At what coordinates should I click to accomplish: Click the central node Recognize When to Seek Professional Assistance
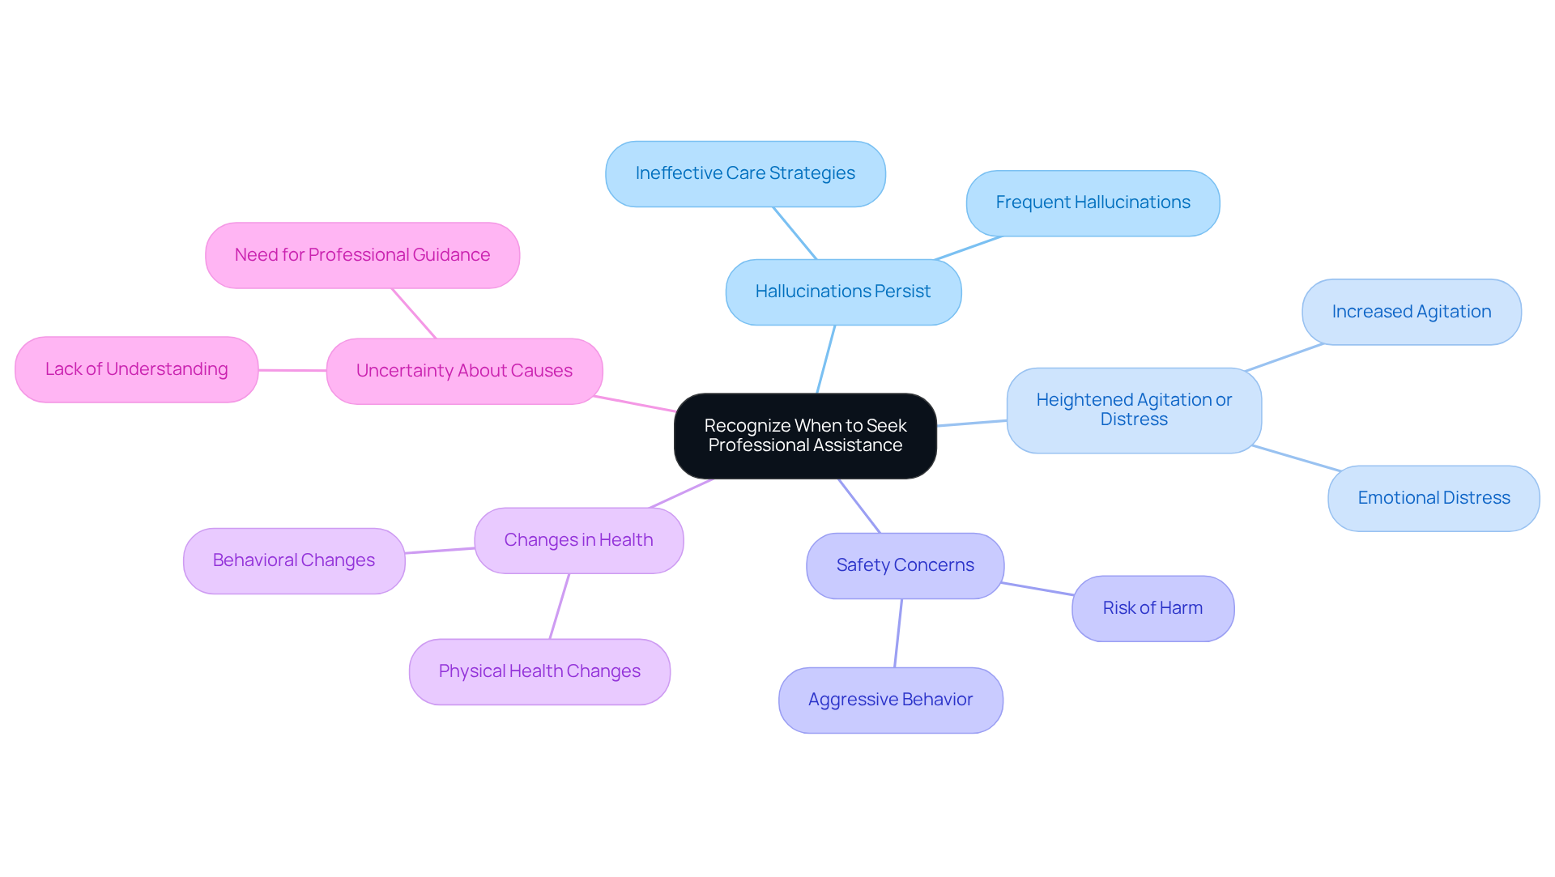[x=805, y=436]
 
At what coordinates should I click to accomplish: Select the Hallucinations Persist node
[x=843, y=292]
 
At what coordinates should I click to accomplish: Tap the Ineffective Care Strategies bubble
[x=745, y=173]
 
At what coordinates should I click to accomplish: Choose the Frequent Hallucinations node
[x=1093, y=202]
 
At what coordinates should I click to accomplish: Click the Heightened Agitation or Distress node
[x=1134, y=410]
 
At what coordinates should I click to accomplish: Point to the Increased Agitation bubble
[x=1411, y=312]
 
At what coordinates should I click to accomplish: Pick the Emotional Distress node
[x=1434, y=498]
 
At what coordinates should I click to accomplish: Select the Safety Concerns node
[x=905, y=565]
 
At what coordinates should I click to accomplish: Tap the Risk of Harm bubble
[x=1152, y=608]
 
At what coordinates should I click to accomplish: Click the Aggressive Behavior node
[x=890, y=700]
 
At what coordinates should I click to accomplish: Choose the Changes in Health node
[x=578, y=540]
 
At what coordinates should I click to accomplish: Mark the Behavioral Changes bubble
[x=293, y=560]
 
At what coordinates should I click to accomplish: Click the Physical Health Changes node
[x=539, y=671]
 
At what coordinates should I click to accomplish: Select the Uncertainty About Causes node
[x=464, y=371]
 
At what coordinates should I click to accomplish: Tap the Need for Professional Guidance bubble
[x=362, y=255]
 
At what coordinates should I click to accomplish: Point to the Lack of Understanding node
[x=136, y=369]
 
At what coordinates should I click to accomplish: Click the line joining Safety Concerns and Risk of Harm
[x=1037, y=589]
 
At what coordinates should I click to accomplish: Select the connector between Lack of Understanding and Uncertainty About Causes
[x=292, y=370]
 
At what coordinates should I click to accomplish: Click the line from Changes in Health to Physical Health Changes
[x=560, y=607]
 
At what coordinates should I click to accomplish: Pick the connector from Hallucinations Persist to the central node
[x=826, y=359]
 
